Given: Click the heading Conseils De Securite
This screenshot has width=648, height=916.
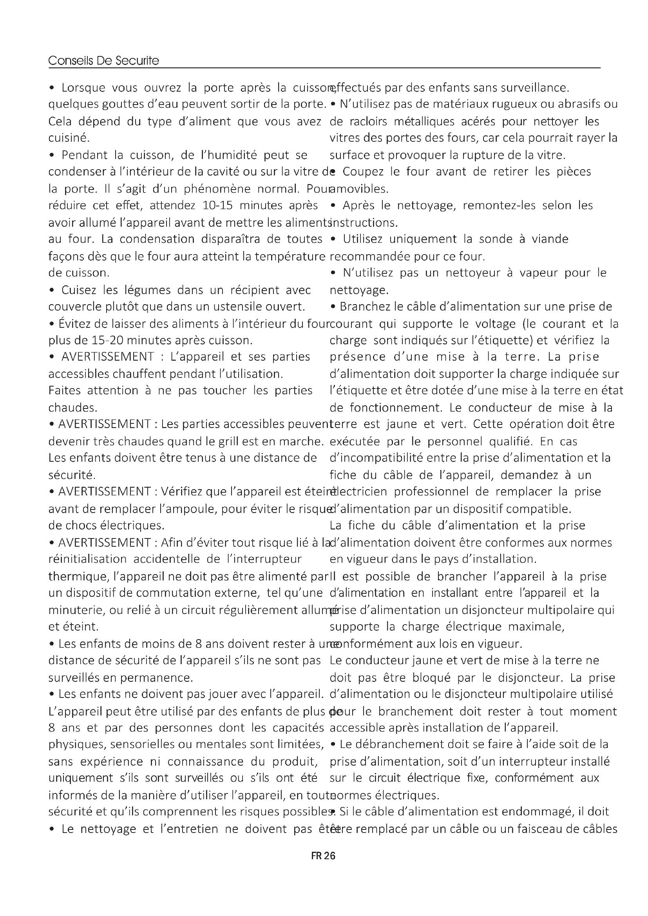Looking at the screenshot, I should [103, 61].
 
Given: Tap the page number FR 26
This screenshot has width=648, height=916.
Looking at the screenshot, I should [323, 856].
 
